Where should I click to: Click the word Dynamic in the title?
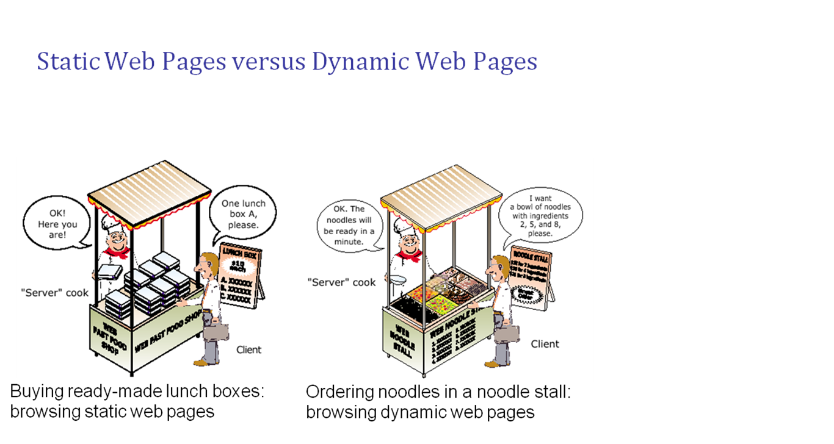360,62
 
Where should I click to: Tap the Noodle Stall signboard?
531,277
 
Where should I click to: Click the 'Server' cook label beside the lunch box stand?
54,293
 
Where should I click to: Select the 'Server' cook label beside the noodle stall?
341,282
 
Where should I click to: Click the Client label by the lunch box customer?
248,349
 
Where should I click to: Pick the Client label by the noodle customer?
545,344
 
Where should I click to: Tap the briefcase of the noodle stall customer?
507,333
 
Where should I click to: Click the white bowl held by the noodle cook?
397,280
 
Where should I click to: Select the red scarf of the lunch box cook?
116,252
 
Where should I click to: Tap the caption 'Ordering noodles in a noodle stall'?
438,392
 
